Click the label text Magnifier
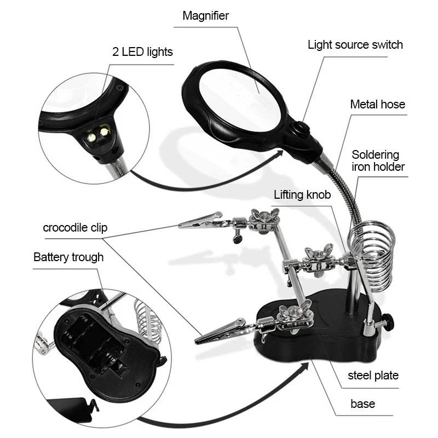point(205,15)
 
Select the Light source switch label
point(355,44)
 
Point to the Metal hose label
point(378,103)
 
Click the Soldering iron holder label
point(378,161)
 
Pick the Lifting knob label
point(303,195)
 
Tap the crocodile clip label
point(75,227)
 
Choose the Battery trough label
point(68,257)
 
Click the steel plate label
point(373,376)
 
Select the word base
point(362,404)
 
